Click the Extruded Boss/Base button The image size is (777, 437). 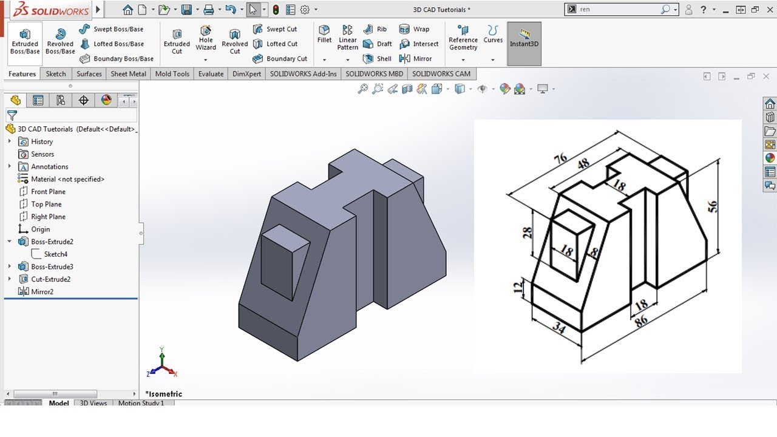tap(25, 40)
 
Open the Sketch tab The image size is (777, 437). tap(56, 74)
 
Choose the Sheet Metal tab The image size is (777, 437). tap(128, 74)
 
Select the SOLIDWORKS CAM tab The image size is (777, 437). tap(441, 74)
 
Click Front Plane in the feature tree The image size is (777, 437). tap(48, 192)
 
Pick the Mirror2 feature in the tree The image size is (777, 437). tap(42, 292)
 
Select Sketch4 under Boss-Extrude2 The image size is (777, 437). tap(55, 254)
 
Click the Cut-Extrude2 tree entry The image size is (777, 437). tap(50, 279)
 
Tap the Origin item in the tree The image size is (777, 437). tap(41, 229)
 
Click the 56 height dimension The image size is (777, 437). tap(713, 206)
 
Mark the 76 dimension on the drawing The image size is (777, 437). tap(560, 159)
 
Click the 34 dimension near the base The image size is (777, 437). tap(558, 328)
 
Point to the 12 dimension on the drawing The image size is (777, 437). tap(518, 287)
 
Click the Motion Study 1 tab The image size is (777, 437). tap(141, 403)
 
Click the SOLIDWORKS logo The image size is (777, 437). tap(52, 10)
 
